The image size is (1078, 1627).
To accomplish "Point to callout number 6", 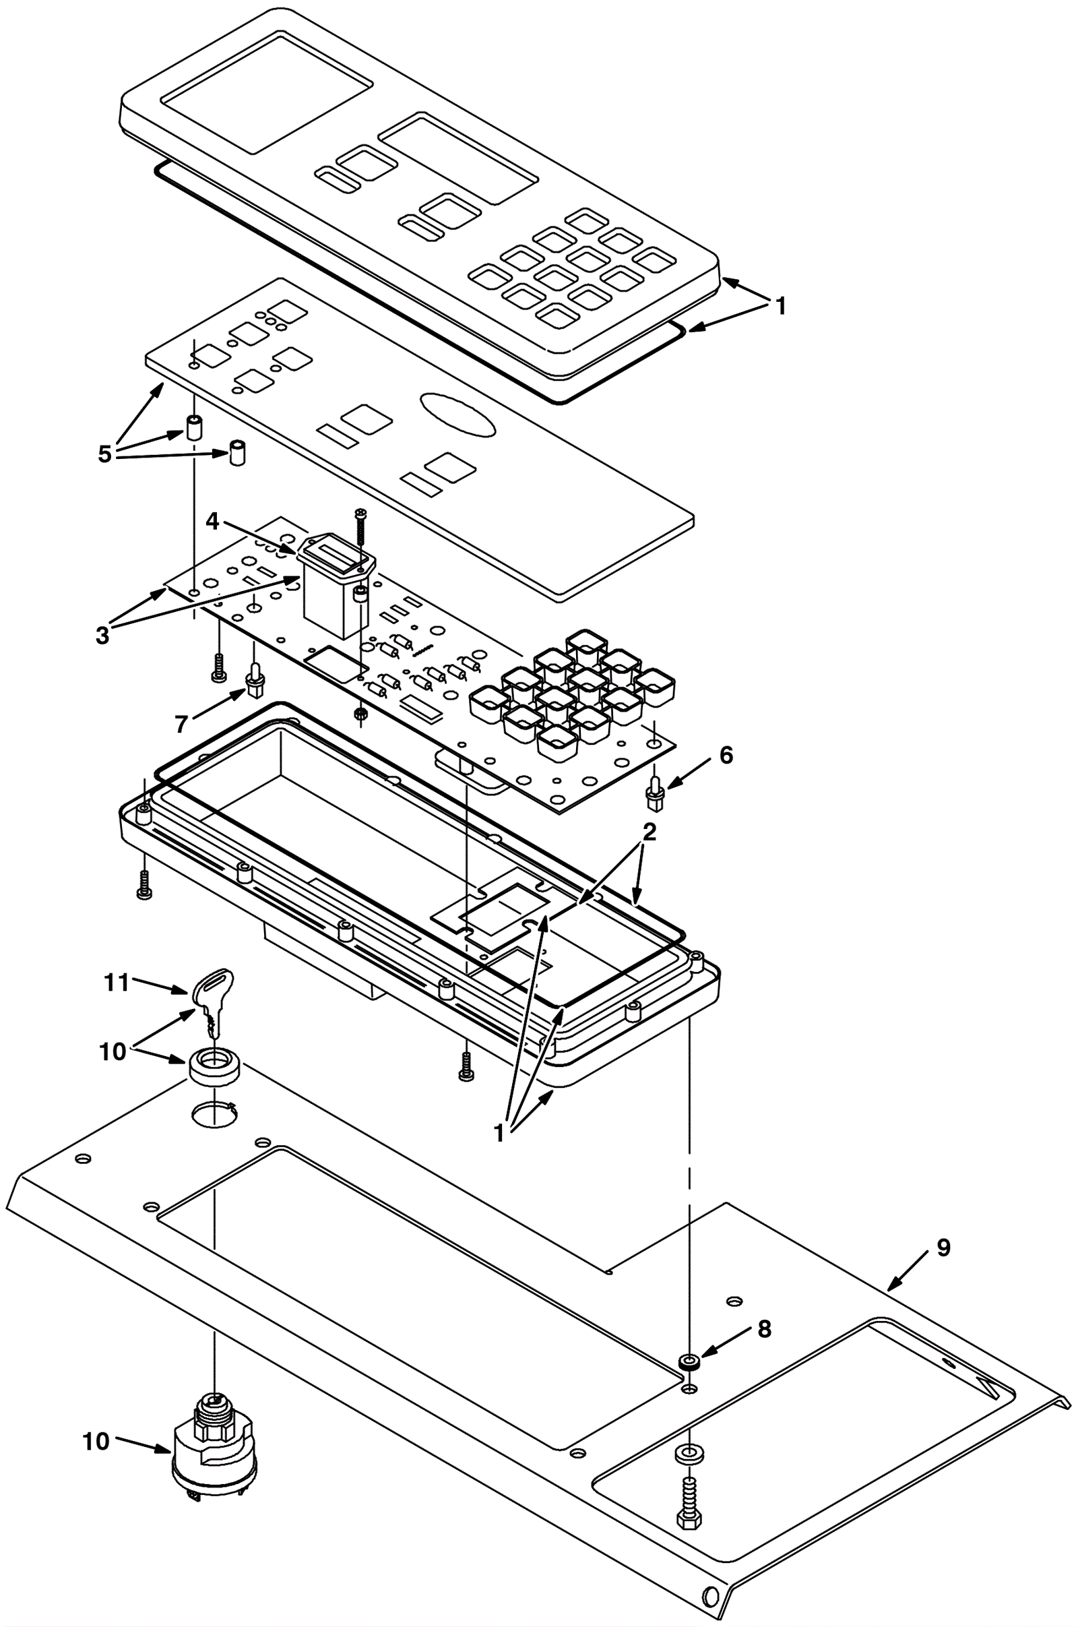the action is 726,755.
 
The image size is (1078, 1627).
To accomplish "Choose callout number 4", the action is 212,522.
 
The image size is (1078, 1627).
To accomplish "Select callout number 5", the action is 104,454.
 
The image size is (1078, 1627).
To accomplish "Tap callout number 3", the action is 102,636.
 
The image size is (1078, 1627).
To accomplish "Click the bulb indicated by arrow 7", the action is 256,679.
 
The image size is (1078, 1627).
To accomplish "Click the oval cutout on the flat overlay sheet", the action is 458,414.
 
